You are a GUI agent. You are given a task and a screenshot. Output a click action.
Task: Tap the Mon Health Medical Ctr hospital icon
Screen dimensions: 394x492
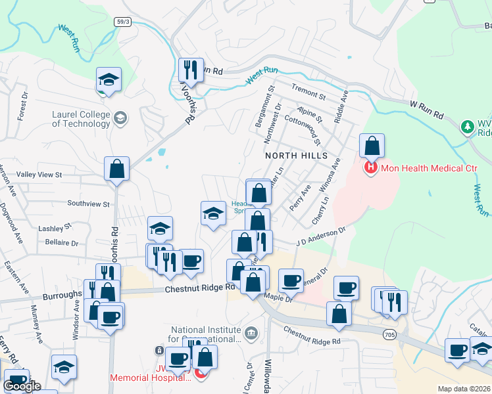tap(371, 169)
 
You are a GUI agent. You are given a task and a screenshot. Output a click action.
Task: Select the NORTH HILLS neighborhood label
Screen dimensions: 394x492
tap(296, 156)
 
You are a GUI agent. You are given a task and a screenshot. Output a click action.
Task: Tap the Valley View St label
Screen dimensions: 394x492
tap(39, 175)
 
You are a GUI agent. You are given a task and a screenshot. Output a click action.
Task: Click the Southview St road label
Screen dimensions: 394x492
tap(88, 204)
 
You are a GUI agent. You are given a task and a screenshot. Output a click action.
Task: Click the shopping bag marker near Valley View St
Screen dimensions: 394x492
tap(116, 169)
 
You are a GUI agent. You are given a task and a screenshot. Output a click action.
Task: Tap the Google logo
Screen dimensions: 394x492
tap(22, 386)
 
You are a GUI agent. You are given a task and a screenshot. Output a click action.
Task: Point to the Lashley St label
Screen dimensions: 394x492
tap(54, 228)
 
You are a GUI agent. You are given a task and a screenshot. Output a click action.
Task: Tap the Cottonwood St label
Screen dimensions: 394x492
tap(302, 129)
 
